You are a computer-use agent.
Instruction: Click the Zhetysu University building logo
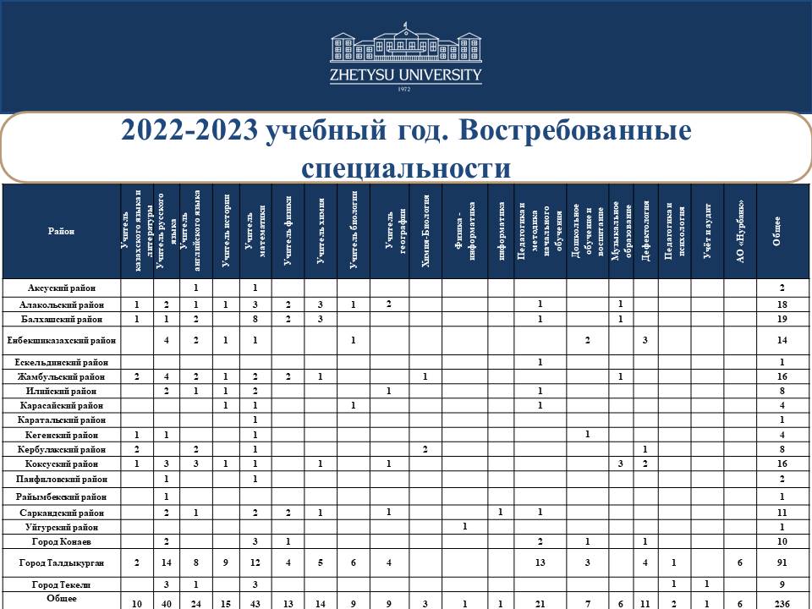(x=405, y=47)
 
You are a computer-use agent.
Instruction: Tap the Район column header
(x=61, y=232)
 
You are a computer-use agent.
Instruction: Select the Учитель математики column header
(x=255, y=231)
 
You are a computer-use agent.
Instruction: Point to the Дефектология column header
(x=645, y=231)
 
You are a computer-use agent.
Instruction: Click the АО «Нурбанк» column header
(x=740, y=231)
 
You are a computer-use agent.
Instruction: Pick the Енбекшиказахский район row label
(x=61, y=340)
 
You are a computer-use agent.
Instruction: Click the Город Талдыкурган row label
(x=61, y=562)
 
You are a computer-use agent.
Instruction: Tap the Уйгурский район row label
(x=61, y=526)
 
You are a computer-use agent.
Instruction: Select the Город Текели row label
(x=61, y=584)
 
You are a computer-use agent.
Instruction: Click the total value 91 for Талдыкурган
(x=782, y=562)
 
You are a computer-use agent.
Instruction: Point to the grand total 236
(x=782, y=602)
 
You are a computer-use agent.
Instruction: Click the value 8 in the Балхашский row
(x=255, y=319)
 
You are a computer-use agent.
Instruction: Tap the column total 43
(x=255, y=602)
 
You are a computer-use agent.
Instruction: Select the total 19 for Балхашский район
(x=782, y=319)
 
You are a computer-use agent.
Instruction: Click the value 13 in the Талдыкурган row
(x=540, y=562)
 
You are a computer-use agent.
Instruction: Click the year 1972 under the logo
(x=405, y=89)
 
